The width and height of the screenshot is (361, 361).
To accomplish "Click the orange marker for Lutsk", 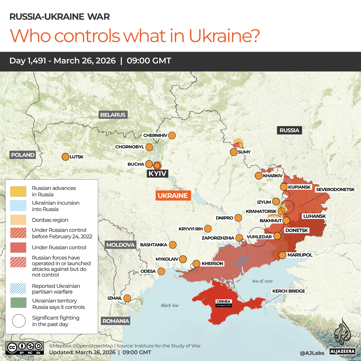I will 65,157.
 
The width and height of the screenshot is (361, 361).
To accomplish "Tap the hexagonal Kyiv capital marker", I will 157,165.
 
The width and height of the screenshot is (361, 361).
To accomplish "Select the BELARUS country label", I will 113,115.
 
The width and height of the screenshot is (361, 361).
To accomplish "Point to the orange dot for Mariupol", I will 282,255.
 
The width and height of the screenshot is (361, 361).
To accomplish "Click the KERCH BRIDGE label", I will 289,291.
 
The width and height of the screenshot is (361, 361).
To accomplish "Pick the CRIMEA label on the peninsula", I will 223,302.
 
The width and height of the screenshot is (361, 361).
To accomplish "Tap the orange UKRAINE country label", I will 173,196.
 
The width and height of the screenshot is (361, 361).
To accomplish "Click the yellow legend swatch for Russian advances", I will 19,191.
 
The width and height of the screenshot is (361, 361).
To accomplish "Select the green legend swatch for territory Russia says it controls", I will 19,304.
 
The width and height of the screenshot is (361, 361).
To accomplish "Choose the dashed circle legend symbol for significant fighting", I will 19,321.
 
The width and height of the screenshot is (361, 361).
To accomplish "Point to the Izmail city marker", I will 127,298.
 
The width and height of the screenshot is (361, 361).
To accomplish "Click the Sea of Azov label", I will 262,281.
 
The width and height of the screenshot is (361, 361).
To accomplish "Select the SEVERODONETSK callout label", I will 335,189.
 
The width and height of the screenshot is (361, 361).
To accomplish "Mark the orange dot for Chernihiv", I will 172,136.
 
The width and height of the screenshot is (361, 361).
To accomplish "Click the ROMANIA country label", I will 116,321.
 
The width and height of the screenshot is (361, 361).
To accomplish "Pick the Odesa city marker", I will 161,271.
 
